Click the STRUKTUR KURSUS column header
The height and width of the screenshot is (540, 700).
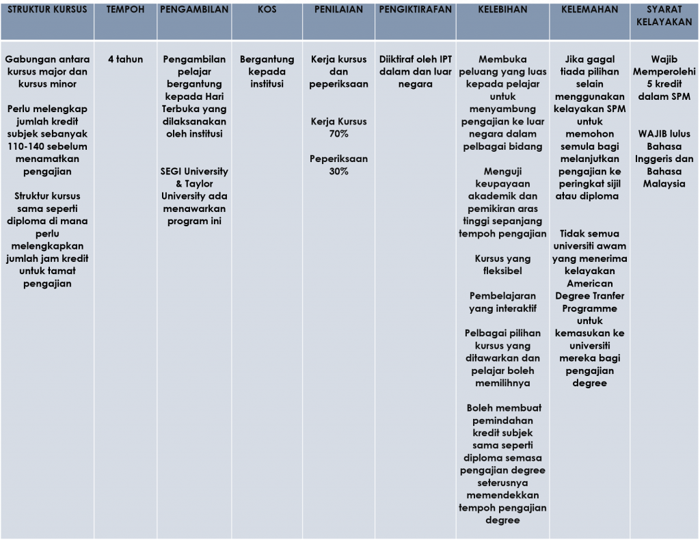pos(47,10)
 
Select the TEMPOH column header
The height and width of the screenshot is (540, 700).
pos(125,10)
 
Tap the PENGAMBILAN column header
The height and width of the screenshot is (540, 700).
pos(194,10)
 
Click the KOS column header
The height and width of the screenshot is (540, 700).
pos(267,10)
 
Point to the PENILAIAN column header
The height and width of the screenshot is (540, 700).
pos(338,10)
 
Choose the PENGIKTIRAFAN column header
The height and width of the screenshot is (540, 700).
pos(415,10)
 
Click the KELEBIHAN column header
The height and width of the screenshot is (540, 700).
pos(502,10)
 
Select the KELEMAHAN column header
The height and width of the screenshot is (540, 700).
pos(589,10)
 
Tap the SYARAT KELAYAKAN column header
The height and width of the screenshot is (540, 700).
pos(664,16)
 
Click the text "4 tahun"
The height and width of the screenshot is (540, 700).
pos(125,59)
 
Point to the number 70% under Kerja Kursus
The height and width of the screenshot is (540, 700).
pos(338,134)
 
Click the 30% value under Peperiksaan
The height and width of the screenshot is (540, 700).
pos(338,172)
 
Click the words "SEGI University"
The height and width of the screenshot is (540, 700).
pos(194,172)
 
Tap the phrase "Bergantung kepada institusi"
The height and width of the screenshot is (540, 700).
pos(267,72)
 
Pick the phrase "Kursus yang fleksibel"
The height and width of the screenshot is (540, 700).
pos(502,265)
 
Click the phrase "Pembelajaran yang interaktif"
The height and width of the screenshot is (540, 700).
pos(502,302)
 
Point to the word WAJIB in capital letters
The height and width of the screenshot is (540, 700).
pos(654,134)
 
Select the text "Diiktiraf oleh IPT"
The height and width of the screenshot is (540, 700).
pos(415,59)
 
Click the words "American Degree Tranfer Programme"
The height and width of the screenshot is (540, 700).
pos(589,296)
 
